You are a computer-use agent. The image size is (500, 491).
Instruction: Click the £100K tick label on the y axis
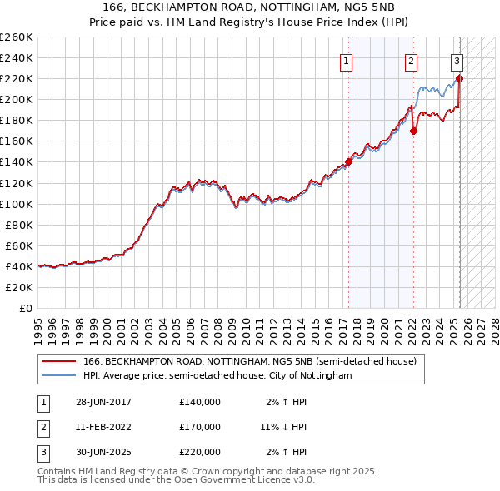click(x=17, y=204)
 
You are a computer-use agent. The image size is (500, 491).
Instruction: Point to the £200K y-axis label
click(x=17, y=99)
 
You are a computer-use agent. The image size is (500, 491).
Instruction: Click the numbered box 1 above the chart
click(x=346, y=60)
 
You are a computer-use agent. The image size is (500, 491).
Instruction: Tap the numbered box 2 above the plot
click(x=412, y=60)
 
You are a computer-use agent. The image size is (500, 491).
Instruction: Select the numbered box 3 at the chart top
click(x=457, y=60)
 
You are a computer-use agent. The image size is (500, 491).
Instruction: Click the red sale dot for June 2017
click(x=349, y=161)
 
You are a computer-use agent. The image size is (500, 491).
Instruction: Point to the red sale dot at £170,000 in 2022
click(x=414, y=131)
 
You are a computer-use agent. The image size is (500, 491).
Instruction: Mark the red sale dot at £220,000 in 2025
click(x=460, y=79)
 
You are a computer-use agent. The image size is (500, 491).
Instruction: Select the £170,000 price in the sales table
click(x=200, y=427)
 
